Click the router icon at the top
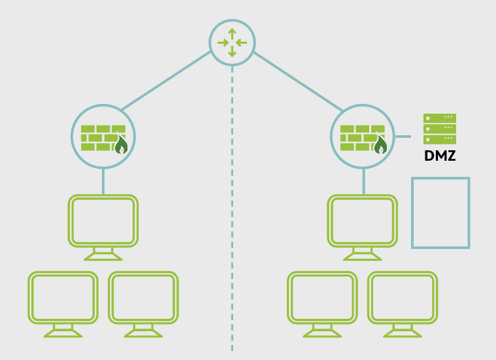pyautogui.click(x=232, y=42)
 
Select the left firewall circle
pyautogui.click(x=103, y=137)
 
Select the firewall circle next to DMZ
pyautogui.click(x=363, y=137)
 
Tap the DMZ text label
pyautogui.click(x=440, y=157)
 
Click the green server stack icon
pyautogui.click(x=440, y=129)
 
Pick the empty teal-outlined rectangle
pyautogui.click(x=440, y=213)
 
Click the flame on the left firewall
pyautogui.click(x=121, y=145)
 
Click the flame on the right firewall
pyautogui.click(x=380, y=145)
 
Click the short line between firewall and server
pyautogui.click(x=403, y=137)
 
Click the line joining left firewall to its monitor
pyautogui.click(x=103, y=181)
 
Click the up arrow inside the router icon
pyautogui.click(x=232, y=33)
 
